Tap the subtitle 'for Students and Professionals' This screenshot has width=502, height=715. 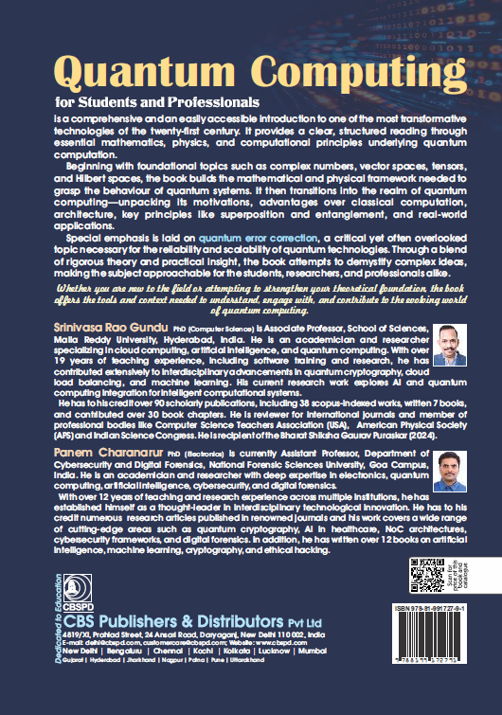pos(156,101)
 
